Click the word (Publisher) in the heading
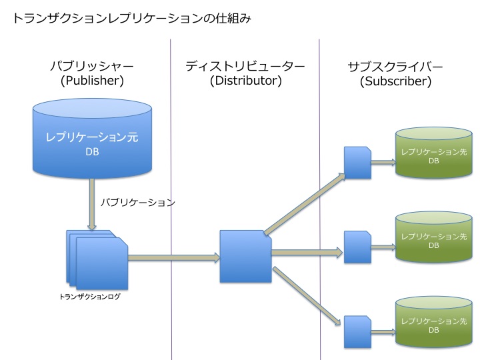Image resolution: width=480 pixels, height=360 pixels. pyautogui.click(x=92, y=81)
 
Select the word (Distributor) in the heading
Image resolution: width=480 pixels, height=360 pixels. pyautogui.click(x=245, y=81)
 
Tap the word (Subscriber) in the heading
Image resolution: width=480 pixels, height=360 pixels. pyautogui.click(x=395, y=82)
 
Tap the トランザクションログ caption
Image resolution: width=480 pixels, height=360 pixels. pyautogui.click(x=90, y=297)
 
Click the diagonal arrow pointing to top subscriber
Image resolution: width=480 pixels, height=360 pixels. pyautogui.click(x=305, y=203)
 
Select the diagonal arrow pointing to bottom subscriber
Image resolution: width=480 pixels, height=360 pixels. pyautogui.click(x=305, y=297)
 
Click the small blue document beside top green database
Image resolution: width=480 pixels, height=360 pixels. pyautogui.click(x=357, y=163)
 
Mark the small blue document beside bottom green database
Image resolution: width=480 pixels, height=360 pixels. pyautogui.click(x=357, y=332)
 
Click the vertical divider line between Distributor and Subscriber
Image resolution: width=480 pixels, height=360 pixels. pyautogui.click(x=320, y=200)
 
